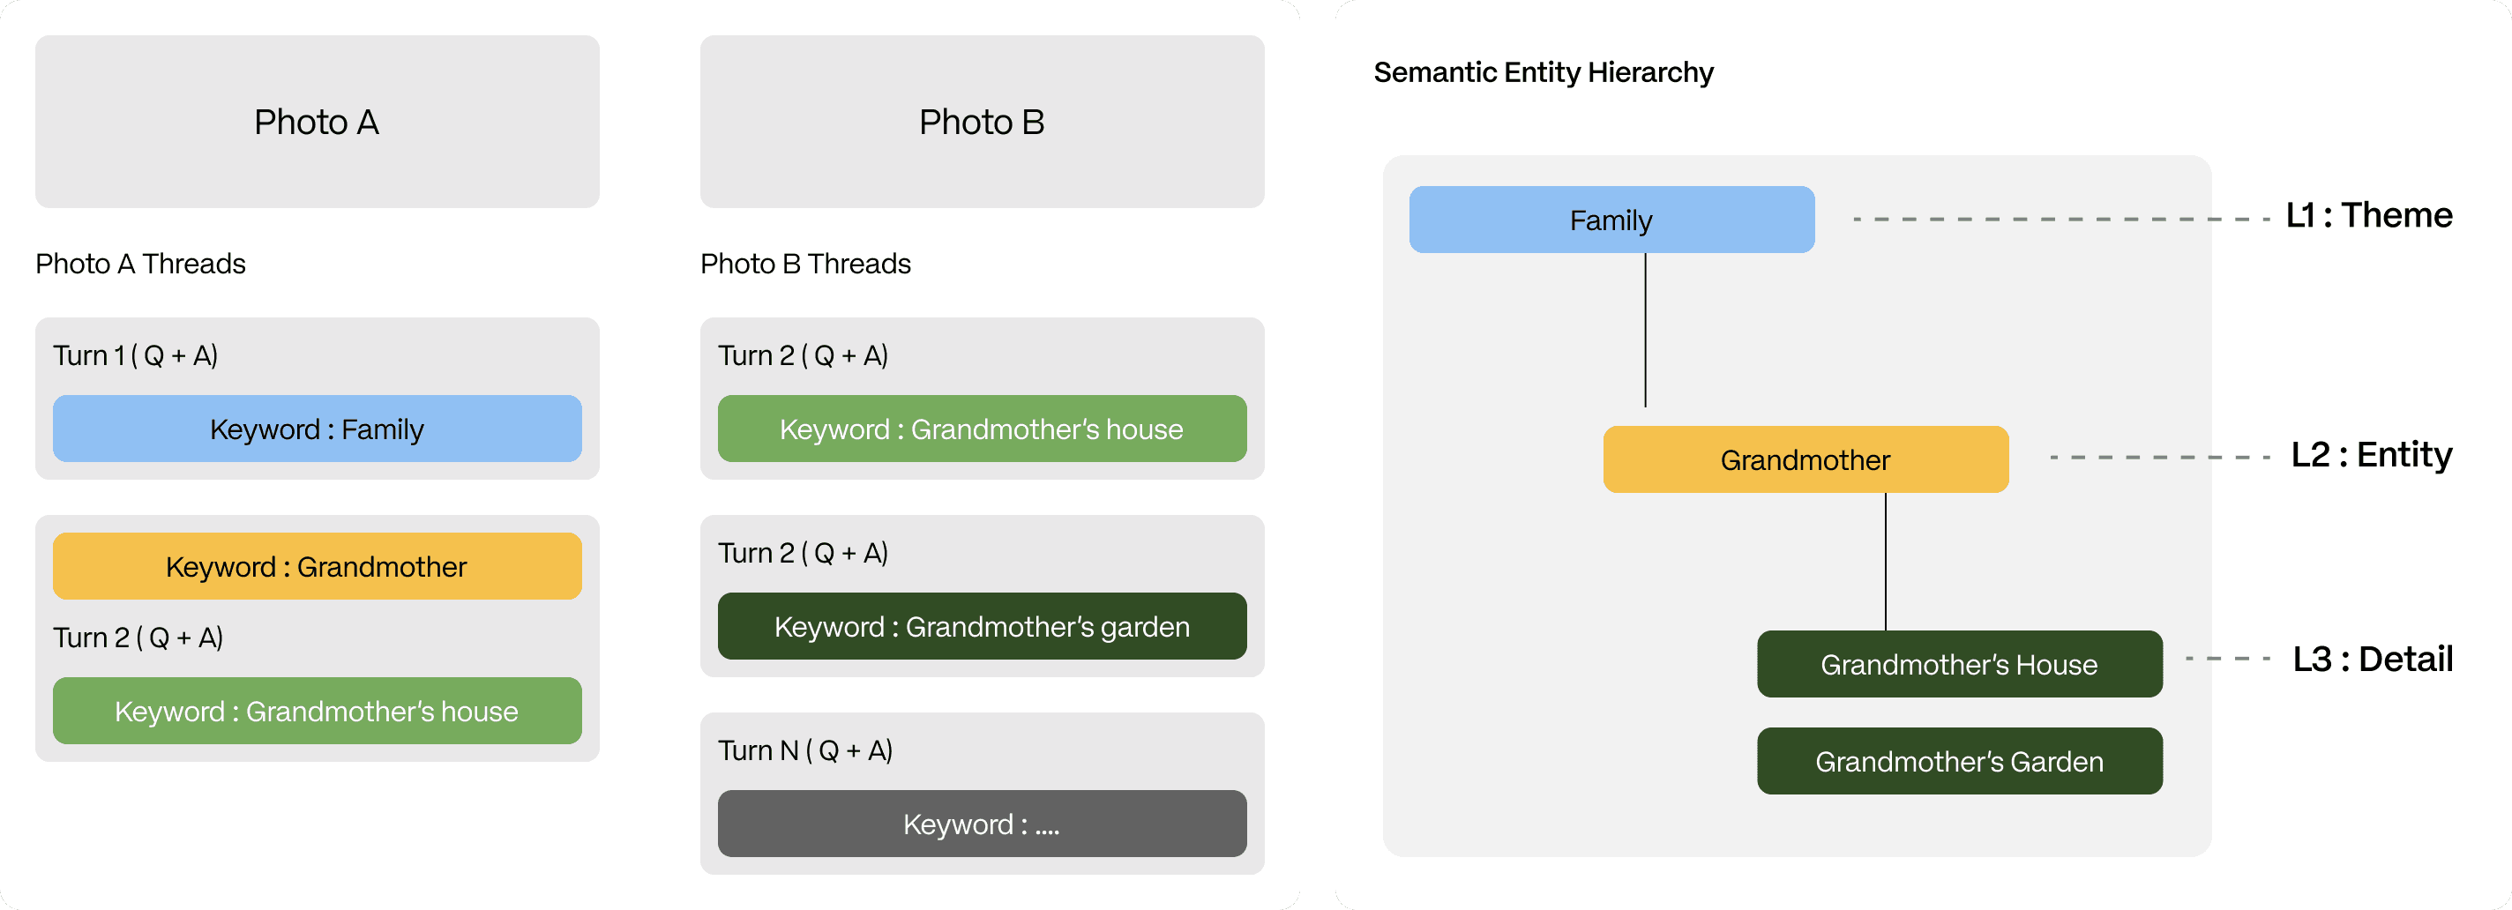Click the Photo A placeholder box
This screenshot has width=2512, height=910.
[x=317, y=122]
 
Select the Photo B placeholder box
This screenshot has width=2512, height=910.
[x=981, y=122]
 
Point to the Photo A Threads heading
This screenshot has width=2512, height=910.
[x=140, y=264]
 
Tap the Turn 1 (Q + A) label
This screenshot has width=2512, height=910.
[x=136, y=355]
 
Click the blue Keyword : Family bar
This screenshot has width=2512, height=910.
[x=317, y=429]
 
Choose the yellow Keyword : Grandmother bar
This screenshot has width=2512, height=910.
[x=317, y=567]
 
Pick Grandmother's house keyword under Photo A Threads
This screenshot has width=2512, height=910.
[x=317, y=711]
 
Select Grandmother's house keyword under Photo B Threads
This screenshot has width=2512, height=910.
[x=981, y=429]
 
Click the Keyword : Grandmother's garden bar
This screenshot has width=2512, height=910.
[x=981, y=626]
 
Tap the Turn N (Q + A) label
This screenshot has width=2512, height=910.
[x=805, y=750]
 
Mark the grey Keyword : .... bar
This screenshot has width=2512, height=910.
[x=981, y=824]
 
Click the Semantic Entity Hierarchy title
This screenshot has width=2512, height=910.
[x=1543, y=72]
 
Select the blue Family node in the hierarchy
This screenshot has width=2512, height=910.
[x=1611, y=220]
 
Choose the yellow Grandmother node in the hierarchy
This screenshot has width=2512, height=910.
[x=1805, y=459]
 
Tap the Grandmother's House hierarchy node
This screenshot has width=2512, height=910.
[x=1959, y=664]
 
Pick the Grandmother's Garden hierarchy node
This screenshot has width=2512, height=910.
[x=1959, y=761]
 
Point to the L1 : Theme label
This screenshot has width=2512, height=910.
[x=2368, y=214]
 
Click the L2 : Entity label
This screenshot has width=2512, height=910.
[x=2371, y=454]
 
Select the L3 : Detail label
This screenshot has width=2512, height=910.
[x=2372, y=660]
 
